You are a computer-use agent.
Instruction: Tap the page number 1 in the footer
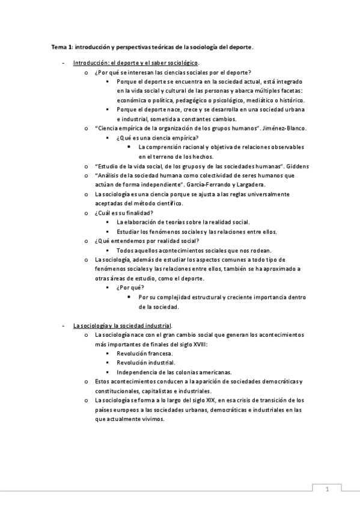327,490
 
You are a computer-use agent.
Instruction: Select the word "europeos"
124,410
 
